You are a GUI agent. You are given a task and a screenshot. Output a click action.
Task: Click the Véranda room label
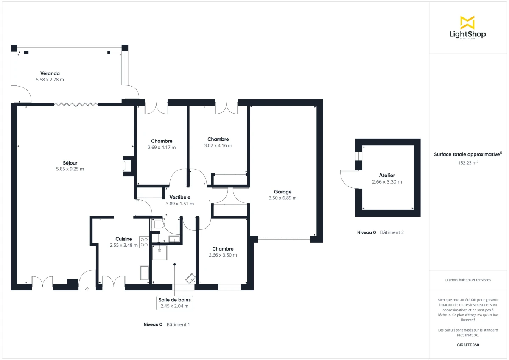click(x=50, y=73)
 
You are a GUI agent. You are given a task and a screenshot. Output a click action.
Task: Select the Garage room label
click(x=282, y=192)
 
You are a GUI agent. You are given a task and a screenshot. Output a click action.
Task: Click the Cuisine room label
click(x=124, y=239)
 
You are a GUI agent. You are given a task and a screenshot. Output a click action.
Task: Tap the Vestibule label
click(x=180, y=197)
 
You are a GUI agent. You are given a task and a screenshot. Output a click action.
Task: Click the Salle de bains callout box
click(x=174, y=303)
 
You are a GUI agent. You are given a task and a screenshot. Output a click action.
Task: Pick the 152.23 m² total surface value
click(x=468, y=162)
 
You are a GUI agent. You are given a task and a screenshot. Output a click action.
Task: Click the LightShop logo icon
click(x=467, y=22)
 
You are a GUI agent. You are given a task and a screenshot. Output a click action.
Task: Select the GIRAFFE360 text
click(x=467, y=345)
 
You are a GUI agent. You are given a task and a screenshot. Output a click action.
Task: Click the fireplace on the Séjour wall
click(x=127, y=166)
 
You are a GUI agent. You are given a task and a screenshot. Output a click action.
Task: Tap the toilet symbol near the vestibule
click(x=157, y=225)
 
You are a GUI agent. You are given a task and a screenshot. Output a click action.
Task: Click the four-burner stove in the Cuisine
click(x=144, y=242)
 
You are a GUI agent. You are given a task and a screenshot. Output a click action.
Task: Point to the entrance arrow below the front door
click(x=87, y=289)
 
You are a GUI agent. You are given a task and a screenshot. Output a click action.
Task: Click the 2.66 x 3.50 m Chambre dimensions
click(x=223, y=255)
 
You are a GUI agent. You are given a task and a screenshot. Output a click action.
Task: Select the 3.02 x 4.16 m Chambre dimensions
click(x=218, y=145)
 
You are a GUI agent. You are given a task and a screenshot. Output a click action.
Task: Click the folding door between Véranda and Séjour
click(x=76, y=104)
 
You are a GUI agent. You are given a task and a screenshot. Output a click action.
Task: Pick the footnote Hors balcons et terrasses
click(x=468, y=280)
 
